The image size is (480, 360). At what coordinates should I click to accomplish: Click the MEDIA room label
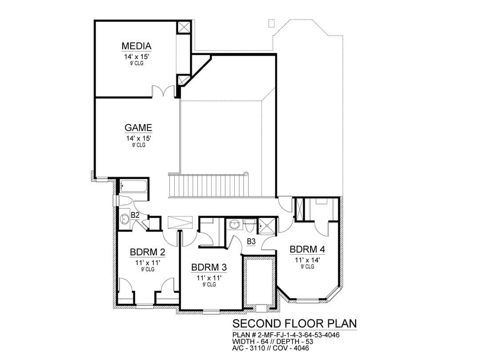click(136, 46)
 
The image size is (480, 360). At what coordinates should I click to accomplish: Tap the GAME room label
click(138, 128)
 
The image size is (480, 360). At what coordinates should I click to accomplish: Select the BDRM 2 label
click(148, 252)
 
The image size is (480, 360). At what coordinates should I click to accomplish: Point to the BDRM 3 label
click(209, 268)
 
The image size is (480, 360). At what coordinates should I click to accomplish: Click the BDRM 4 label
click(308, 249)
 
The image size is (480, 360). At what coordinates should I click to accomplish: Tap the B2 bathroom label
click(135, 215)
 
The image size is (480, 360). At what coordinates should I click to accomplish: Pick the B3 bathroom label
click(251, 241)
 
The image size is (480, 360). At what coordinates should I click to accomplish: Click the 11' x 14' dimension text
click(308, 260)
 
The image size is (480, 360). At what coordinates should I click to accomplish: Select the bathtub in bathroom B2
click(133, 186)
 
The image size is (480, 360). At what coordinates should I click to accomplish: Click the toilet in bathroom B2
click(124, 201)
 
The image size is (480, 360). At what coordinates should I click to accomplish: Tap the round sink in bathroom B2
click(124, 219)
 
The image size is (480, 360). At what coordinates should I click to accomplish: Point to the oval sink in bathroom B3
click(235, 224)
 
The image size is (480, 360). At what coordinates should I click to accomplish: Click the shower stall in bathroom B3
click(267, 226)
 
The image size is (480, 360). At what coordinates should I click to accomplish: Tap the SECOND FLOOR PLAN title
click(295, 323)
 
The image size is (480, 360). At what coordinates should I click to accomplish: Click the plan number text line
click(286, 335)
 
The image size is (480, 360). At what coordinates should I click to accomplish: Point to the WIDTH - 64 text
click(250, 341)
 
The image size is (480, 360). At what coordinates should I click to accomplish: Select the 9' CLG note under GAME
click(139, 145)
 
